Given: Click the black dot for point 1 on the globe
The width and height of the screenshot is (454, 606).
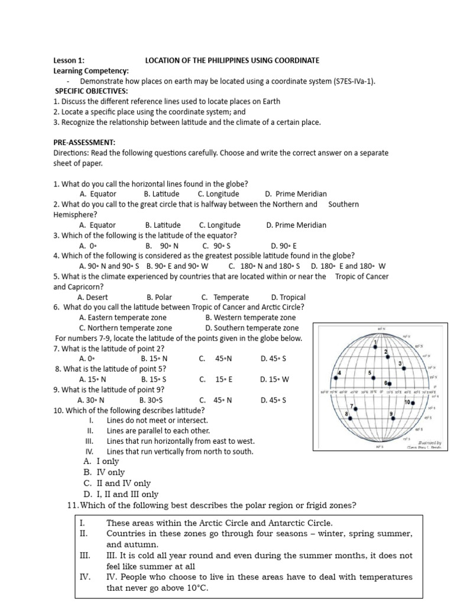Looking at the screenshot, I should (375, 347).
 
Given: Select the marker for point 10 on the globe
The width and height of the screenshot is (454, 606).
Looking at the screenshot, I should (404, 368).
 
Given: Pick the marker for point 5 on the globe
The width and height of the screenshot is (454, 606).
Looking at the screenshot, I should (373, 378).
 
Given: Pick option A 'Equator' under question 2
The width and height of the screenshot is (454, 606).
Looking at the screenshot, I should (98, 225).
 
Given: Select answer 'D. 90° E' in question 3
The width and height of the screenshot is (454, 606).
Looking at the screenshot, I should (284, 246).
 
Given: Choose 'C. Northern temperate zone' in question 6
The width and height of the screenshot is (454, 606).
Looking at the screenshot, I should (125, 328).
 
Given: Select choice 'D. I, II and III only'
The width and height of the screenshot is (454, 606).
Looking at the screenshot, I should (121, 494).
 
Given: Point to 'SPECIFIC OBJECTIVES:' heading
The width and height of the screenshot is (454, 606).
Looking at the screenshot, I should (92, 92).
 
